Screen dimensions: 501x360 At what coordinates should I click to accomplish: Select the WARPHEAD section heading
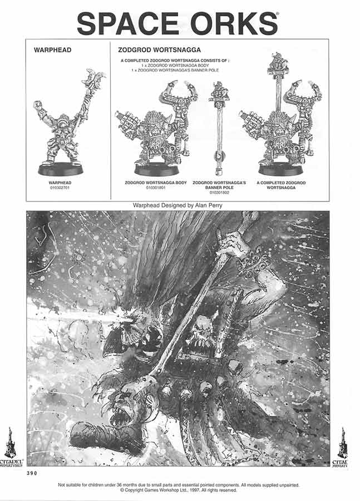coord(52,50)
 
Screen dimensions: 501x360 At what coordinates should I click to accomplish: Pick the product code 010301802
coord(219,192)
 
